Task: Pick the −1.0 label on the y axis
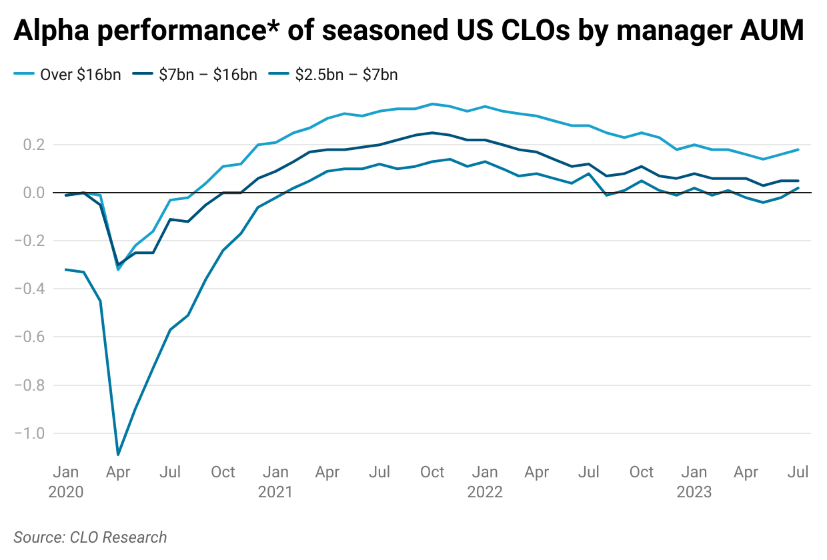(29, 433)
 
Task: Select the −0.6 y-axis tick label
(29, 337)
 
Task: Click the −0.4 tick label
(29, 289)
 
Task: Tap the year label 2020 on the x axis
(66, 493)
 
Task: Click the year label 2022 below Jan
(485, 493)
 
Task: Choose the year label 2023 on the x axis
(694, 493)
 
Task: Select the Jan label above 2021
(275, 473)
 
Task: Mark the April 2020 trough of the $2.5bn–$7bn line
(118, 455)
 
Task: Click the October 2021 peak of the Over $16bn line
(432, 104)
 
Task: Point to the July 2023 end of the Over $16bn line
(798, 150)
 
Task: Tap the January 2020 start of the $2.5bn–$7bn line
(66, 269)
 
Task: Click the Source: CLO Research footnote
(90, 537)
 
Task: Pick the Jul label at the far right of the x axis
(798, 473)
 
